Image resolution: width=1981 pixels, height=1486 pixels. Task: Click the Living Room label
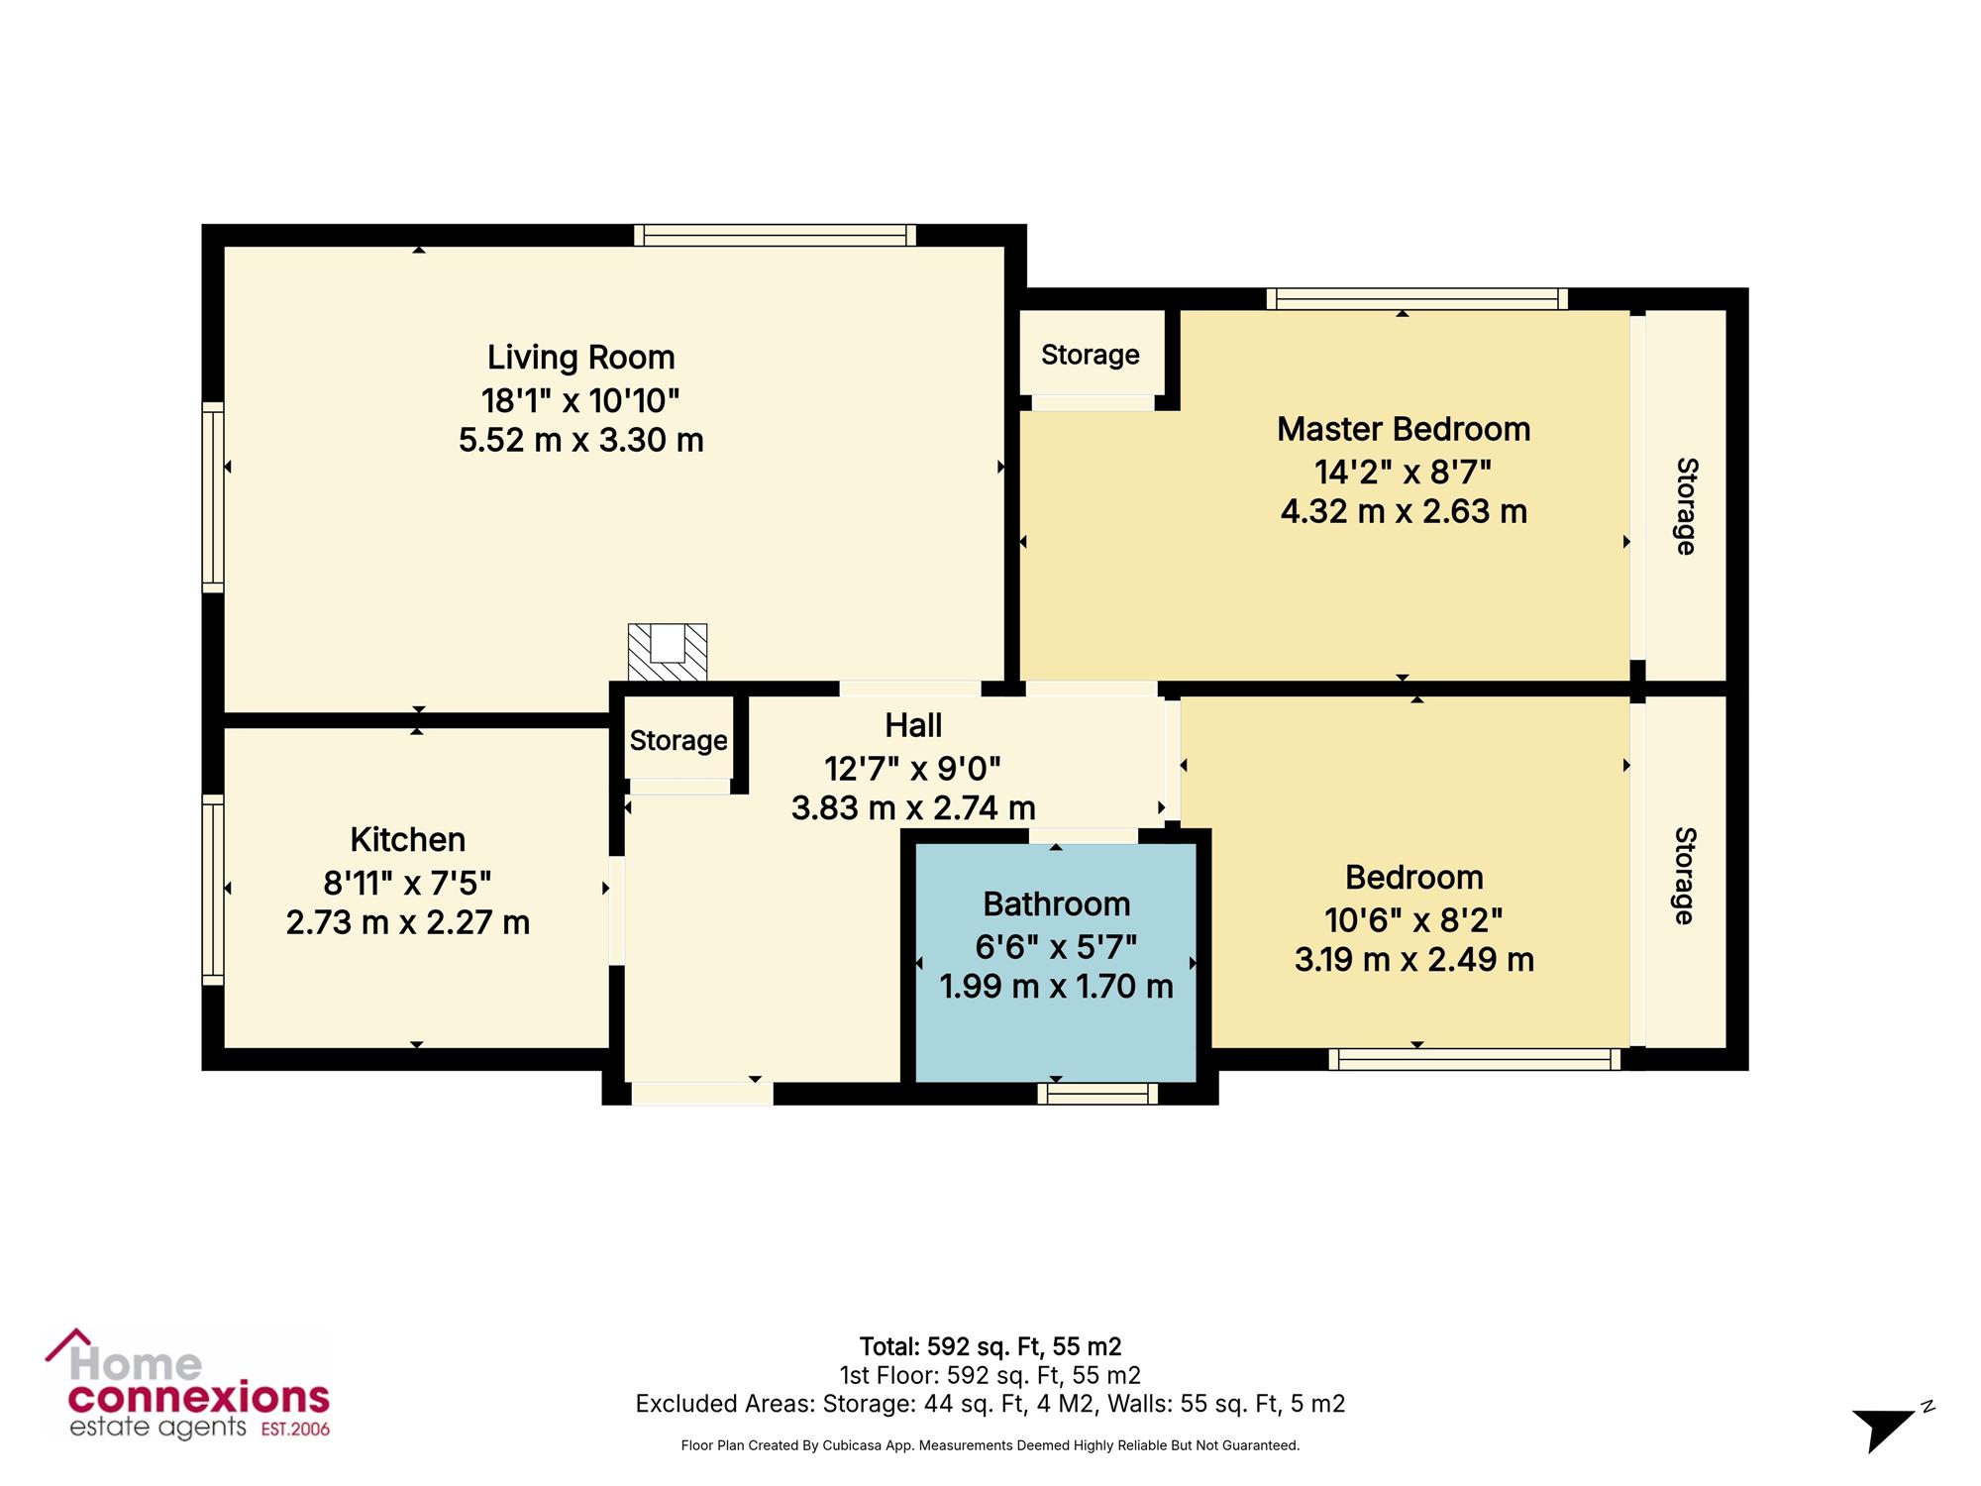coord(580,357)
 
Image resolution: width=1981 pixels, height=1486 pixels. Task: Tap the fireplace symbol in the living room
coord(668,652)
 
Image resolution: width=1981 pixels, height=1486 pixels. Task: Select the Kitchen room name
coord(407,839)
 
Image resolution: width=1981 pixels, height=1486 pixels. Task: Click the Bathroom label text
coord(1056,903)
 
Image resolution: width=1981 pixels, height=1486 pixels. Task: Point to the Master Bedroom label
coord(1404,429)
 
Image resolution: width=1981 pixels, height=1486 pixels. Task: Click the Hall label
coord(913,725)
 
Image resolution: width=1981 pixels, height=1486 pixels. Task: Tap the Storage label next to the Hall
coord(678,740)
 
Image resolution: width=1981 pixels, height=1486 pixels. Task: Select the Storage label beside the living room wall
coord(1090,355)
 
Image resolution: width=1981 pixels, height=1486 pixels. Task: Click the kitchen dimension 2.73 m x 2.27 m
coord(407,922)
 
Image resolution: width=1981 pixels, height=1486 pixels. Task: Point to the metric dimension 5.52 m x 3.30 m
coord(580,439)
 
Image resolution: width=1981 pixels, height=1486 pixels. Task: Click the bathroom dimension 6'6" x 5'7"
coord(1056,947)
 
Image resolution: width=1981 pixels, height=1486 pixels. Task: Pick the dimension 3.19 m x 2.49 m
coord(1414,959)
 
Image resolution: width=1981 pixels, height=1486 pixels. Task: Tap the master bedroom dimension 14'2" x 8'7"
coord(1404,472)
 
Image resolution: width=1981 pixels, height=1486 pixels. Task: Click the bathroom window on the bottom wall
coord(1097,1093)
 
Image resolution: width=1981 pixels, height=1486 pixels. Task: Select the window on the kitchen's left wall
coord(212,890)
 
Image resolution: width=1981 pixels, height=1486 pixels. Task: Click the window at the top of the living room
coord(775,235)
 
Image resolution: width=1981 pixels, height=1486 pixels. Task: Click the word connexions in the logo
coord(198,1398)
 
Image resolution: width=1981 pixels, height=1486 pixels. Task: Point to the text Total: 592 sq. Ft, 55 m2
coord(990,1346)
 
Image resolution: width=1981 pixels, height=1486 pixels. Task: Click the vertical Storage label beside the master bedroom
coord(1686,506)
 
